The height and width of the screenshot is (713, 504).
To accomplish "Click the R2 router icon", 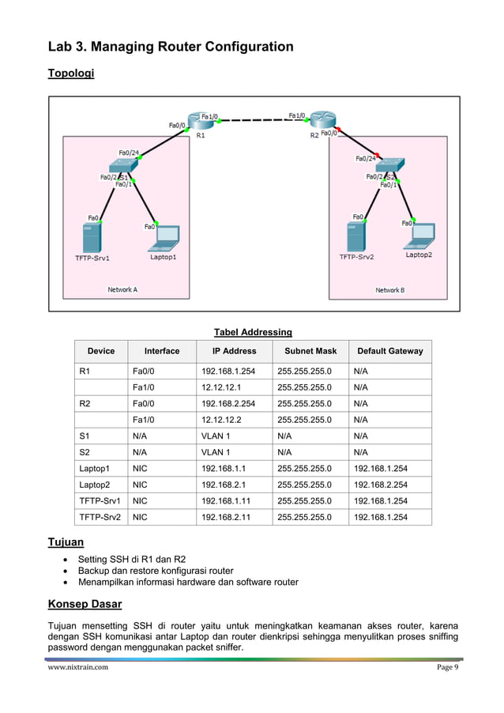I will click(x=323, y=121).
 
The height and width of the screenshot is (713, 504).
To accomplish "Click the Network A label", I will click(x=122, y=290).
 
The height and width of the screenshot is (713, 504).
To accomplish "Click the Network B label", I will click(x=389, y=290).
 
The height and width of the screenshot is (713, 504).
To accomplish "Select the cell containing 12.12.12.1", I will click(x=221, y=387).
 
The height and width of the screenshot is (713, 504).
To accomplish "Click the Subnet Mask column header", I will click(x=310, y=351).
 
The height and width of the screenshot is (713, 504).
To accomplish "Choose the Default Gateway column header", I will click(x=389, y=351).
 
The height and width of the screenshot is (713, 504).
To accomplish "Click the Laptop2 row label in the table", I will click(x=94, y=485).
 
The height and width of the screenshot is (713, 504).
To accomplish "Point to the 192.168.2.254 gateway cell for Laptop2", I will click(x=381, y=485).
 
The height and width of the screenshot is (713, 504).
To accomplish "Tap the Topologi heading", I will click(x=71, y=74).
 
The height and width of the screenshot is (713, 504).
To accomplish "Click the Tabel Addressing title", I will click(x=253, y=332).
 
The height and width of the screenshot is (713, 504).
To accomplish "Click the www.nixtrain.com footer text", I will click(x=77, y=667).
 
